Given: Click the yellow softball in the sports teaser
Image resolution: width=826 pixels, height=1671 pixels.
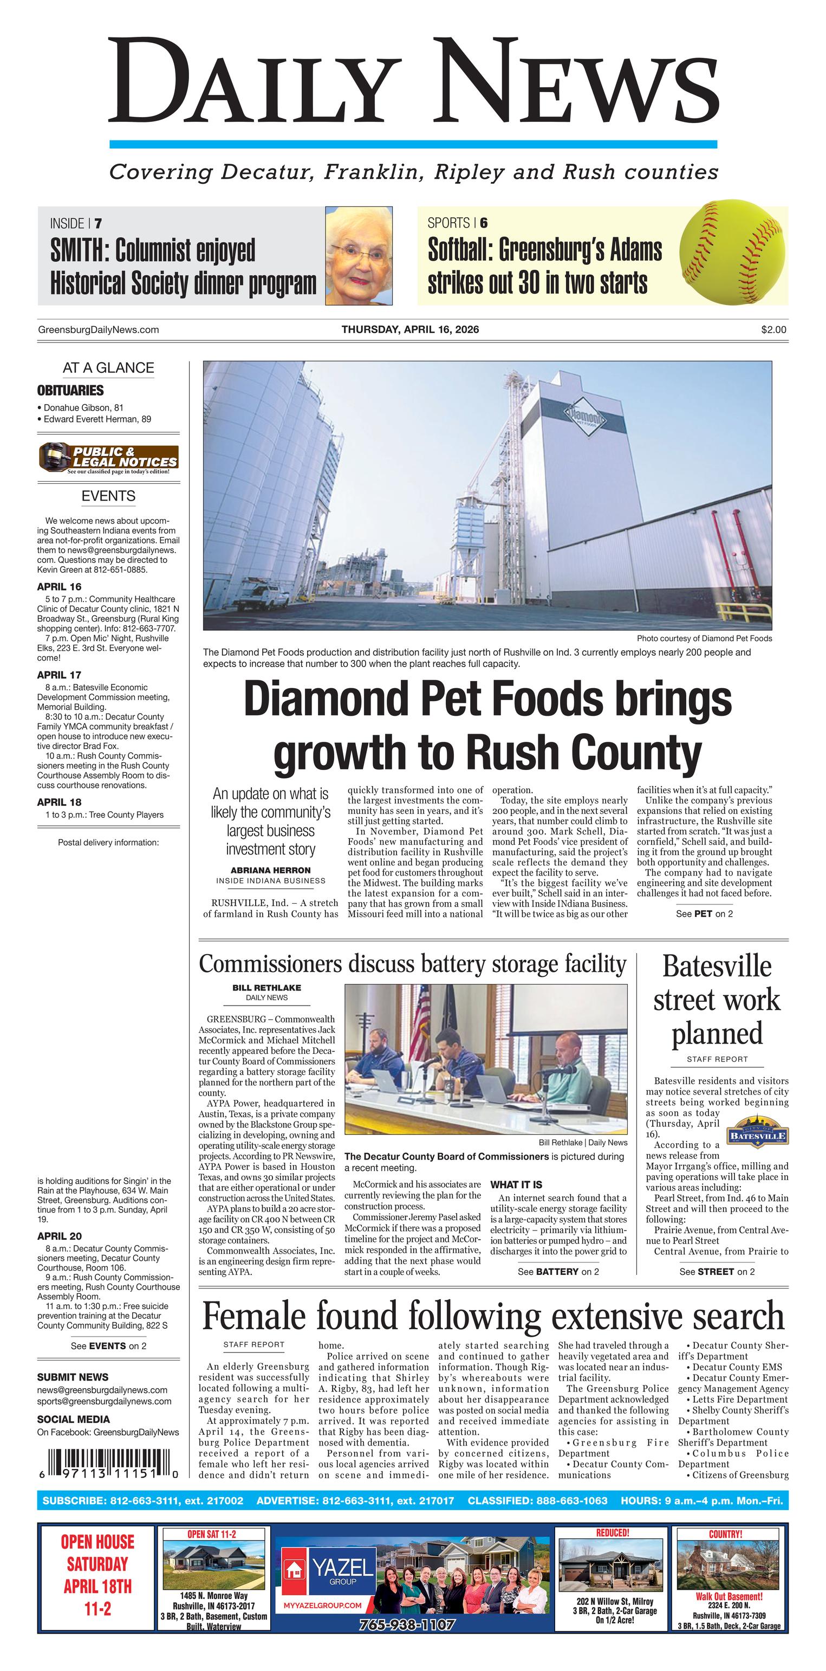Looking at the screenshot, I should tap(731, 255).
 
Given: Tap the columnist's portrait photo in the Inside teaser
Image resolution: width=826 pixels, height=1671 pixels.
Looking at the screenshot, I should tap(359, 256).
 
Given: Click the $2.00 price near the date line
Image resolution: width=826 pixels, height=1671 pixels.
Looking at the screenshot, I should tap(773, 329).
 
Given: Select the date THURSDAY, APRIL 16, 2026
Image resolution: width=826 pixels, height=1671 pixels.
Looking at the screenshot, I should tap(410, 329).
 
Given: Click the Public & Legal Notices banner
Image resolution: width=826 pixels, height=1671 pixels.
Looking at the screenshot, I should tap(108, 458).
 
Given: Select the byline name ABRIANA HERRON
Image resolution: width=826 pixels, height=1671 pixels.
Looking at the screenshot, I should tap(270, 870).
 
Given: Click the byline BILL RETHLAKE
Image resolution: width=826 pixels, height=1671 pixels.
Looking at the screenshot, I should tap(266, 987).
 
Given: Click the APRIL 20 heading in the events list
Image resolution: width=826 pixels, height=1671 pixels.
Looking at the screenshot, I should tap(59, 1236).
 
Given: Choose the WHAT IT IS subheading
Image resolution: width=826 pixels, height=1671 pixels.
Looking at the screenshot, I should tap(516, 1184).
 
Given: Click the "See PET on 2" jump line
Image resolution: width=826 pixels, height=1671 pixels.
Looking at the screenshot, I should tap(704, 914).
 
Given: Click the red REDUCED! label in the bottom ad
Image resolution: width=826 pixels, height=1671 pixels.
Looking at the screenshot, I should tap(612, 1532).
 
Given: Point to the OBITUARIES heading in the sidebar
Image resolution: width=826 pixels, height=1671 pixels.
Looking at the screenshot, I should tap(70, 391).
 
